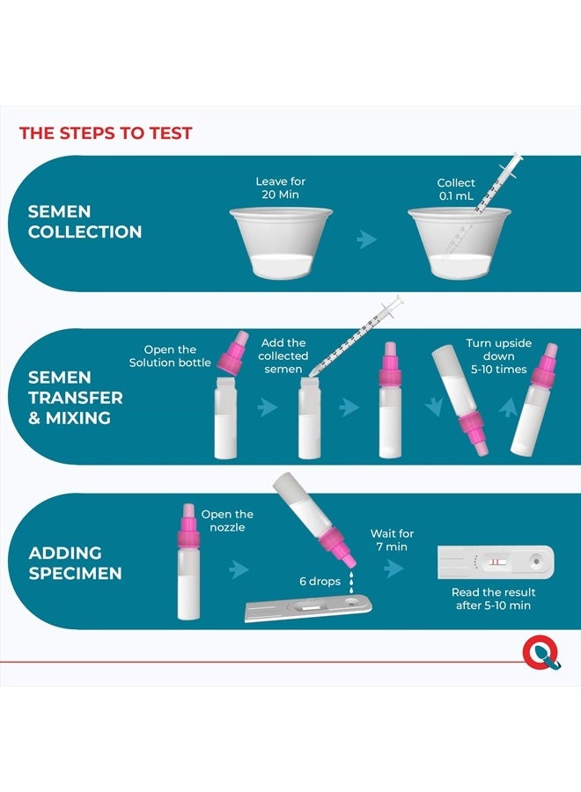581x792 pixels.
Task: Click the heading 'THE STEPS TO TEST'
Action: click(106, 134)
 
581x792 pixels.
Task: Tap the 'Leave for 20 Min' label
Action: click(281, 188)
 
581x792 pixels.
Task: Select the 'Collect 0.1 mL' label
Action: click(456, 189)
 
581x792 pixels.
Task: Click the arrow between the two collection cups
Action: click(366, 238)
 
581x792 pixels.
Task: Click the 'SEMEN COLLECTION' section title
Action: click(85, 222)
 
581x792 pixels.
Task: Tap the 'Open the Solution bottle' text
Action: click(170, 356)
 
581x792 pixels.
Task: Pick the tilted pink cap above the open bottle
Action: click(233, 353)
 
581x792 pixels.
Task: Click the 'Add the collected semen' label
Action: click(283, 356)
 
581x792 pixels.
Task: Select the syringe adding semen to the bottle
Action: click(357, 335)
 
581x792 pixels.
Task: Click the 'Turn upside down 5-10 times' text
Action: click(498, 356)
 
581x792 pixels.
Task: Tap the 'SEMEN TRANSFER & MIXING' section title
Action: click(76, 398)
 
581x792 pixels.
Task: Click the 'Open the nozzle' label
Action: click(227, 521)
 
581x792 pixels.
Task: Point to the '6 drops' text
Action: click(320, 582)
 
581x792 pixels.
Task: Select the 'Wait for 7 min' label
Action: click(392, 540)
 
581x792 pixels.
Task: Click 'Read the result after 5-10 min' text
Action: click(493, 598)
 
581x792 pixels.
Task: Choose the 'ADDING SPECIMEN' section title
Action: click(76, 563)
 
